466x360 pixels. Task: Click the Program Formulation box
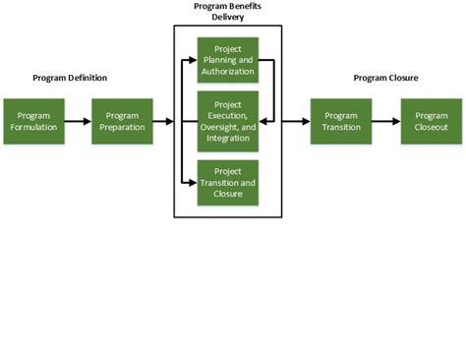(33, 121)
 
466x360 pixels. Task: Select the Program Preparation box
(122, 121)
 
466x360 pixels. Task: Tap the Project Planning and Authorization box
(227, 60)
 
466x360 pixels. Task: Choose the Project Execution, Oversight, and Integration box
(227, 121)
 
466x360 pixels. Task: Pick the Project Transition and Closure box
(227, 182)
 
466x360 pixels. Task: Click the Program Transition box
(341, 121)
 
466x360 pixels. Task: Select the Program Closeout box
(431, 121)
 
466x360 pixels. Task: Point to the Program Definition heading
(70, 78)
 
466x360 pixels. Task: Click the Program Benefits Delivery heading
(227, 12)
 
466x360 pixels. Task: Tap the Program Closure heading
(387, 78)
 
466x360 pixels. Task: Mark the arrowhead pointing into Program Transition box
(305, 121)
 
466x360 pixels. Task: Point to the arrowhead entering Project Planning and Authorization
(193, 60)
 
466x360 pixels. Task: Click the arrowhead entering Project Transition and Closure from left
(193, 182)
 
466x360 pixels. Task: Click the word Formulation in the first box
(33, 127)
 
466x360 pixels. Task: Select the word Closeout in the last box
(431, 127)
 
